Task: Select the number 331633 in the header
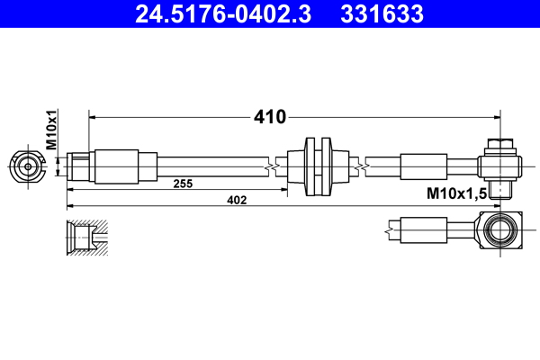click(x=382, y=14)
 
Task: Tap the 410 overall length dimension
click(x=269, y=117)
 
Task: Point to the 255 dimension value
click(x=183, y=184)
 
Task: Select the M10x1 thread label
click(x=51, y=130)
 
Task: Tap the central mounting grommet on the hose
click(x=319, y=166)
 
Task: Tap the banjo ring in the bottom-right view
click(x=500, y=231)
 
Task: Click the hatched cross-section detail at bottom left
click(x=88, y=236)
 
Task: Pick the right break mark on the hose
click(x=360, y=166)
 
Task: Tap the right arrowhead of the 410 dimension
click(x=497, y=117)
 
